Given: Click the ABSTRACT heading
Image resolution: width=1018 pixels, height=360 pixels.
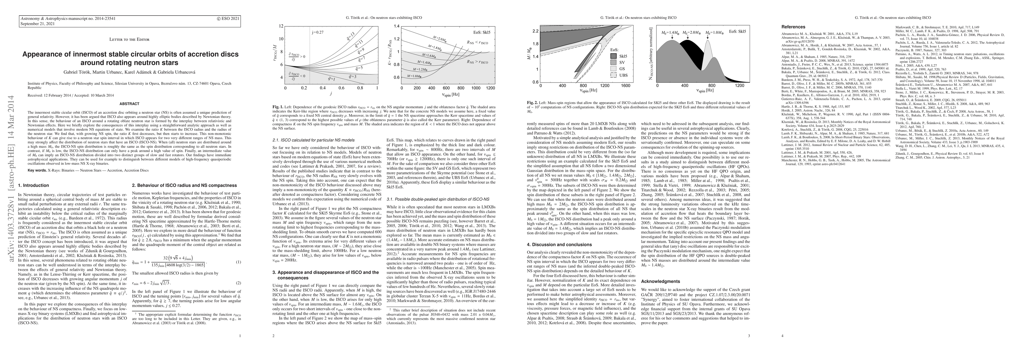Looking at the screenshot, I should coord(130,104).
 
